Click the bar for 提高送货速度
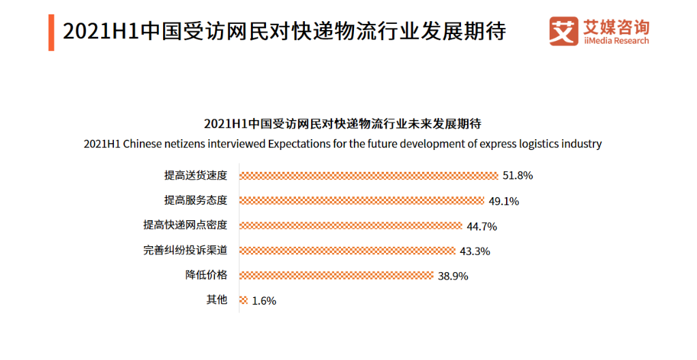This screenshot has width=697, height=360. [368, 176]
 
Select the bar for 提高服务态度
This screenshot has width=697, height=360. [361, 200]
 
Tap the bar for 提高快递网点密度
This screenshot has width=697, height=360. [351, 226]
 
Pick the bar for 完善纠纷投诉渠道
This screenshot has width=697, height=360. [347, 250]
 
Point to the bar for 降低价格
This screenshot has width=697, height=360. [336, 275]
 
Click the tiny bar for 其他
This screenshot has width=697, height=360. [243, 300]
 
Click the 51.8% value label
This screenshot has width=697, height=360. [518, 176]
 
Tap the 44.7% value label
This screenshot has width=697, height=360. [481, 226]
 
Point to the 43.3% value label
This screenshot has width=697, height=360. [475, 251]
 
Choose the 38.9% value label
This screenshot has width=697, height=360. [454, 276]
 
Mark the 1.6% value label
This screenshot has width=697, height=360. [264, 301]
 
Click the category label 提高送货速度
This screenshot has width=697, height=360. [196, 176]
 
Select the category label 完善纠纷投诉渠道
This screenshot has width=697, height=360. [185, 250]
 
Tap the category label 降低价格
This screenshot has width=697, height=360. [207, 275]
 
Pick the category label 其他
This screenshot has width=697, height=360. [217, 300]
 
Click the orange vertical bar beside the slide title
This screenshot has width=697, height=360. [51, 31]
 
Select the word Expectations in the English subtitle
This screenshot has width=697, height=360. [299, 145]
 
